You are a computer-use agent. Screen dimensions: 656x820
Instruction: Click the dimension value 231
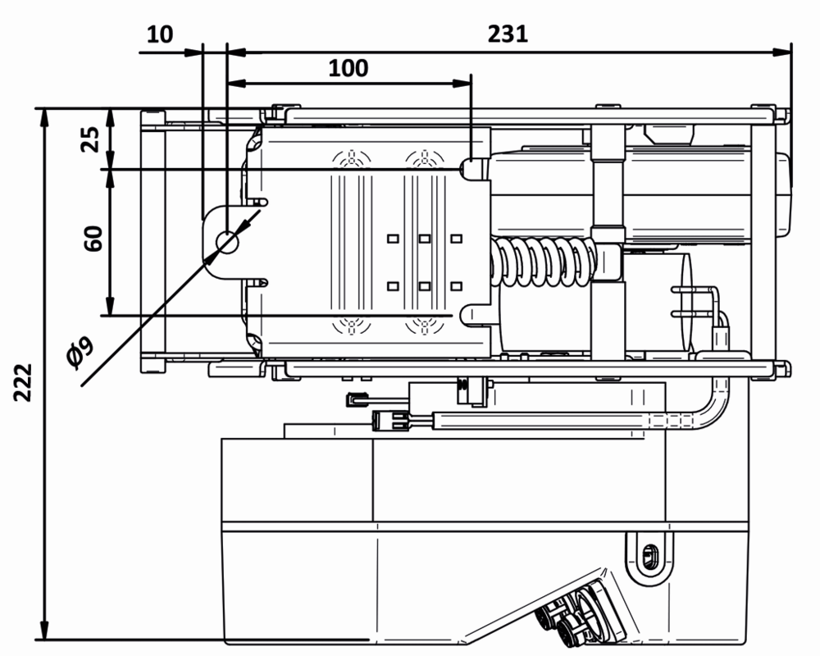click(508, 34)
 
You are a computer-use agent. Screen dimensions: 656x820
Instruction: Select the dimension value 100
click(348, 67)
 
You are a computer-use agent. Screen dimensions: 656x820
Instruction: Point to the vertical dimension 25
click(92, 139)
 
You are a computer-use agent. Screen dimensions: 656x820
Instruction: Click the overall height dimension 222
click(24, 380)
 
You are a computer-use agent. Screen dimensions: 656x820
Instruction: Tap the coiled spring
click(541, 262)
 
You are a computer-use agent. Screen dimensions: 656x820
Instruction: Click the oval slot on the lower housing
click(651, 554)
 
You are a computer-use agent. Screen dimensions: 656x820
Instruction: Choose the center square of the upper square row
click(424, 239)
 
